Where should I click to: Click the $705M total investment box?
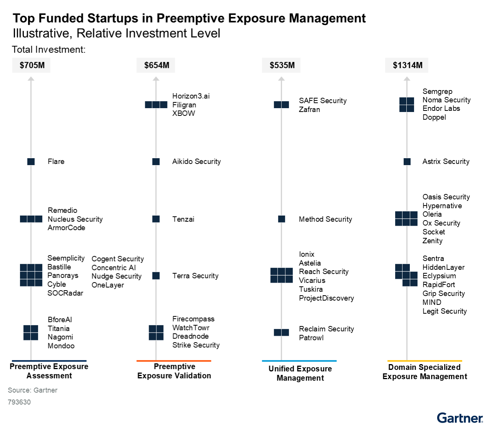[x=32, y=65]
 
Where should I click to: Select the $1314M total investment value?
[x=407, y=65]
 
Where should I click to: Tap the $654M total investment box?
[x=156, y=65]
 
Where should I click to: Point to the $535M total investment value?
[x=282, y=65]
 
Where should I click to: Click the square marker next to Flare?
[x=31, y=162]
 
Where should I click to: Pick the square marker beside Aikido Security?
[x=156, y=162]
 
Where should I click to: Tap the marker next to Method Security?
[x=282, y=219]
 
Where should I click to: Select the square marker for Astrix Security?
[x=407, y=162]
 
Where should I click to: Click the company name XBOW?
[x=183, y=114]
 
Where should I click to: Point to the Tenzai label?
[x=183, y=219]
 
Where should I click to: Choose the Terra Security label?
[x=195, y=276]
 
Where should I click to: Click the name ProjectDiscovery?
[x=326, y=298]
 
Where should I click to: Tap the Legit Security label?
[x=444, y=311]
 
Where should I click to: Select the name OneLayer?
[x=108, y=285]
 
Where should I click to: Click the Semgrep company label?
[x=437, y=92]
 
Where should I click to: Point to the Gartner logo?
[x=460, y=418]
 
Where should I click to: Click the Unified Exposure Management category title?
[x=300, y=373]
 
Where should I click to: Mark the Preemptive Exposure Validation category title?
[x=174, y=371]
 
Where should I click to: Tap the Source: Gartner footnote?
[x=33, y=390]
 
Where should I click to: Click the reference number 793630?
[x=19, y=402]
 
